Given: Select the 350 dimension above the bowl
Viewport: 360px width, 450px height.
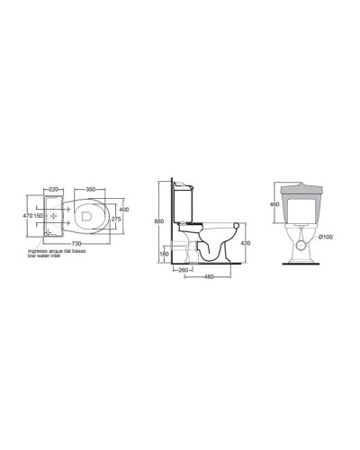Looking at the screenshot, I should pyautogui.click(x=90, y=191).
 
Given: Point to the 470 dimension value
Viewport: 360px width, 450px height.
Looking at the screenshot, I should pyautogui.click(x=27, y=216).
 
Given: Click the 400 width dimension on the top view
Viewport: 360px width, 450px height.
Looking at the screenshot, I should pyautogui.click(x=125, y=209).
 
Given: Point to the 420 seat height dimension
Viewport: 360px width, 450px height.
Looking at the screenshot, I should pyautogui.click(x=245, y=242).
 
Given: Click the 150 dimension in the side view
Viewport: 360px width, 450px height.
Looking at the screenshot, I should pyautogui.click(x=162, y=254).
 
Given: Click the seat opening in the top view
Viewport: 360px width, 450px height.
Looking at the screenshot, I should pyautogui.click(x=88, y=216).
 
